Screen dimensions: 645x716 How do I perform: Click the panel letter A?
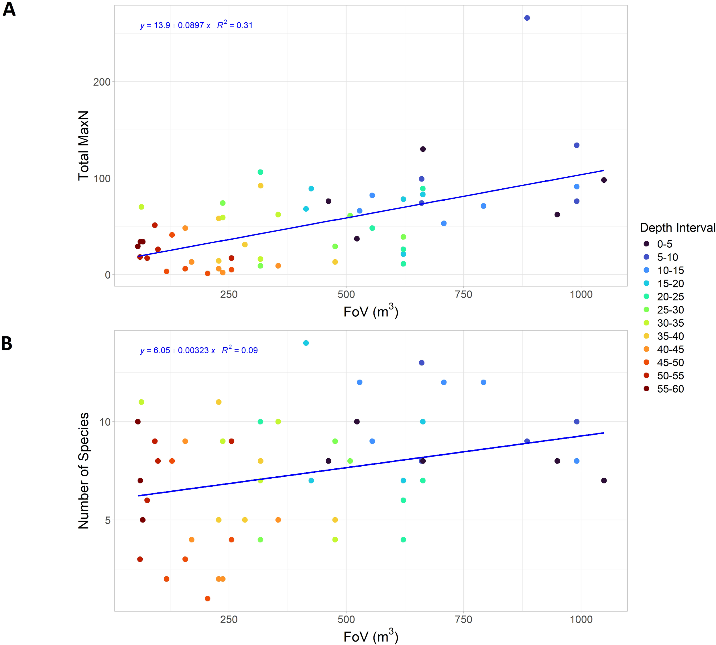(x=9, y=9)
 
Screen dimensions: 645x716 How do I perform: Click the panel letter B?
(x=7, y=344)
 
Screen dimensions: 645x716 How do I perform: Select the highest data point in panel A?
(x=527, y=18)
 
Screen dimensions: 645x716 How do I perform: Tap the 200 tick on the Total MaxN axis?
(x=102, y=82)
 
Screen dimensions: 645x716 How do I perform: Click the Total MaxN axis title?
(x=84, y=145)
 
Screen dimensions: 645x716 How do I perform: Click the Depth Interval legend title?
(x=677, y=228)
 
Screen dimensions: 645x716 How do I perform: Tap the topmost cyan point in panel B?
(x=306, y=343)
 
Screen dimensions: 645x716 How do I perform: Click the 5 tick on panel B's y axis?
(x=107, y=520)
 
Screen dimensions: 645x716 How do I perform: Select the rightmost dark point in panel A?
(x=604, y=180)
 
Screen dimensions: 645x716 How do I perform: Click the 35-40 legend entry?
(x=670, y=336)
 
